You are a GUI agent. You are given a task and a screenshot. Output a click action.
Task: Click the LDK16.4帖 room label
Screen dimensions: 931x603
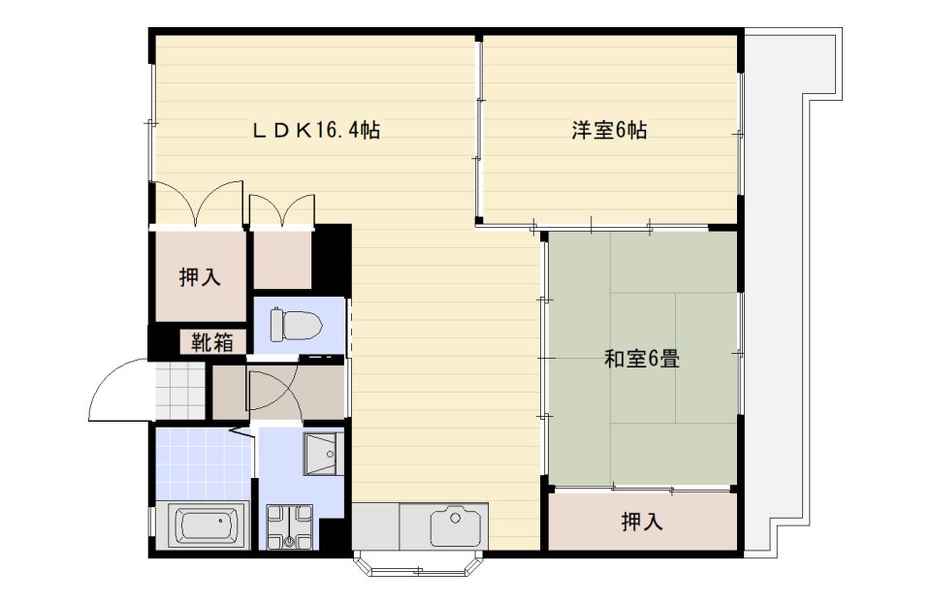tap(316, 130)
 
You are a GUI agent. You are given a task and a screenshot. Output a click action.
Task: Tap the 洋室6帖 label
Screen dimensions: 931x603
tap(609, 130)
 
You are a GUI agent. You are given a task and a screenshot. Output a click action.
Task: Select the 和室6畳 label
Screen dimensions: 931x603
tap(642, 359)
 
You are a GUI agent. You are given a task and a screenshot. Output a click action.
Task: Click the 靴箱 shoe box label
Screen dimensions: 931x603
tap(211, 342)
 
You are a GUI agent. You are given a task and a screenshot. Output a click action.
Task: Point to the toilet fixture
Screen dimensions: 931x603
tap(296, 325)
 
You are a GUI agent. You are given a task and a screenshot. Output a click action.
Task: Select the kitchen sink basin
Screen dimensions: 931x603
tap(456, 525)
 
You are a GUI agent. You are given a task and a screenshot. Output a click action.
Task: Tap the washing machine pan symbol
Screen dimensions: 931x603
tap(289, 526)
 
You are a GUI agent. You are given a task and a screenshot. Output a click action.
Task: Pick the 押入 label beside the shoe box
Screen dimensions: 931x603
tap(200, 276)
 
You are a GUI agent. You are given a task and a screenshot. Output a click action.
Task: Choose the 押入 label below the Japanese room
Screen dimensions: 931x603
tap(642, 522)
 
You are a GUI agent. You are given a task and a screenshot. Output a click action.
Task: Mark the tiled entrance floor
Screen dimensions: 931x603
tap(179, 390)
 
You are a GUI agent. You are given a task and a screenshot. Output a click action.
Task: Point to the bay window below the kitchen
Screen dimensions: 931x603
tap(419, 564)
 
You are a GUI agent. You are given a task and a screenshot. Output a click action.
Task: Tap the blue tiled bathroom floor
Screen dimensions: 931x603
tap(203, 464)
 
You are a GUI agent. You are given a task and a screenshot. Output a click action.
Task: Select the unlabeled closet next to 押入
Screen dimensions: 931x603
tap(282, 260)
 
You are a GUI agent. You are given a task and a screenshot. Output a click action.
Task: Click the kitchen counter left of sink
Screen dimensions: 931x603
tap(375, 526)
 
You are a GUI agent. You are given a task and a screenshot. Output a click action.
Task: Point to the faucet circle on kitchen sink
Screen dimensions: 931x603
tap(456, 518)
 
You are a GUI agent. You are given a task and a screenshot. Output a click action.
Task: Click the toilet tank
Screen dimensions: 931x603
tap(277, 325)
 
